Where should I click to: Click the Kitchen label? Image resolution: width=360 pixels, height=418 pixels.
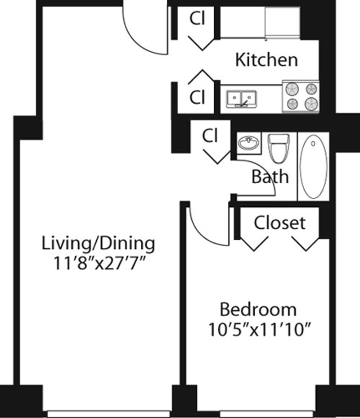click(266, 59)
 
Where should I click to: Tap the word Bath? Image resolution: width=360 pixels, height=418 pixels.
click(270, 176)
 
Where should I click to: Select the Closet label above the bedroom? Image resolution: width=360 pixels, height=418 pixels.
click(279, 223)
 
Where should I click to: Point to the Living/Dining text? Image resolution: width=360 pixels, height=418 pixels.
click(98, 243)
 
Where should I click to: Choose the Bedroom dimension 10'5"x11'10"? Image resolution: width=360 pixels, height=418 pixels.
click(260, 330)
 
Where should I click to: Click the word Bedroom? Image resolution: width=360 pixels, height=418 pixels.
click(258, 310)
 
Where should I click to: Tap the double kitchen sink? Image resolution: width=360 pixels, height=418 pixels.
click(241, 98)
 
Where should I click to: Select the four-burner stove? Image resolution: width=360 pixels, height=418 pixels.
click(301, 96)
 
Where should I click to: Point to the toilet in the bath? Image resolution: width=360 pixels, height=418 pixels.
click(279, 148)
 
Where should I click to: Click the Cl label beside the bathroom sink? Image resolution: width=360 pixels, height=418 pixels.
click(210, 136)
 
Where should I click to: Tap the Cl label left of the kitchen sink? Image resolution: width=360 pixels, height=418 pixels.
click(197, 97)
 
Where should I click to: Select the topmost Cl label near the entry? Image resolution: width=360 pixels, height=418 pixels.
click(197, 19)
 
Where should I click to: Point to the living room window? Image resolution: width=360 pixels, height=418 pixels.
click(108, 413)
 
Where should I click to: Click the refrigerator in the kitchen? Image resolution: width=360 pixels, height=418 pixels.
click(282, 22)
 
